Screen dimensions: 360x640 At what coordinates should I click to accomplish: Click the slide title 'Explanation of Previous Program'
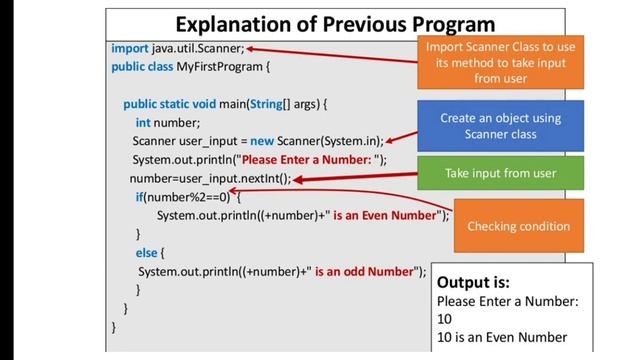click(335, 23)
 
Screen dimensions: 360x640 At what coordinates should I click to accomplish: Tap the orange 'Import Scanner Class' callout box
click(500, 62)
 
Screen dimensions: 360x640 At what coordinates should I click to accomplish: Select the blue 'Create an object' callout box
click(500, 126)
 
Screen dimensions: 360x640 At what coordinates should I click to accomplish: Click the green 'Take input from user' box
click(500, 174)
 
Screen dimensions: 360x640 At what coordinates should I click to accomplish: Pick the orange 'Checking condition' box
click(518, 226)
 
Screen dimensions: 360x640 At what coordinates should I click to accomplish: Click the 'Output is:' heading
click(474, 282)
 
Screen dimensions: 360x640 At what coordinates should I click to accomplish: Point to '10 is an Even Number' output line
click(501, 337)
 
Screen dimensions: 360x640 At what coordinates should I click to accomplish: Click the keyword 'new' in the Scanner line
click(263, 141)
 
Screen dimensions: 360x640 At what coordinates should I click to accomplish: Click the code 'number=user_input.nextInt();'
click(210, 179)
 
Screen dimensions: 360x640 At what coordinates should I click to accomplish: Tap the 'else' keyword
click(146, 253)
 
